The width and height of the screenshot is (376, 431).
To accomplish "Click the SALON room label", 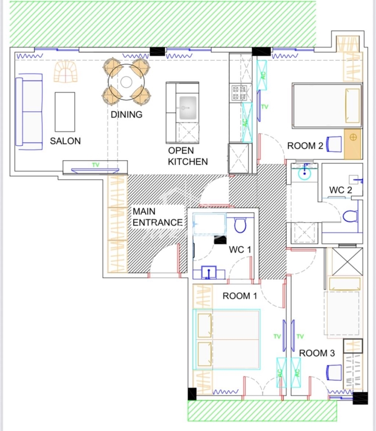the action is coord(65,141).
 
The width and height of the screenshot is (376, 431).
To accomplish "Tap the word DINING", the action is coord(126,114).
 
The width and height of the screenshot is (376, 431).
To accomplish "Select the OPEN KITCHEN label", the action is coord(188,156).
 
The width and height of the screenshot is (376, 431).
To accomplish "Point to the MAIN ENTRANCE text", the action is coord(158,217).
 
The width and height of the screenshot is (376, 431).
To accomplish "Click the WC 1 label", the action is coord(240,250).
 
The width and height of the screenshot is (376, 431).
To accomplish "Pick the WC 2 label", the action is coord(340,190).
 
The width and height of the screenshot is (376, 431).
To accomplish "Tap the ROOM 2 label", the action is coord(305,146).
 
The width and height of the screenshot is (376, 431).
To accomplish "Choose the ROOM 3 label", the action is coord(317,353).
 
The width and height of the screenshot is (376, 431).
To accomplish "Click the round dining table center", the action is coord(126,82).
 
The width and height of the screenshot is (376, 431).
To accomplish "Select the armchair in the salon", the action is coord(66,72).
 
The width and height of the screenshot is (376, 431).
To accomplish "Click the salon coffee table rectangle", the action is coord(65,112).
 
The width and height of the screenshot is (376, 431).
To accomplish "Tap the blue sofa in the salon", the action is coord(29,111).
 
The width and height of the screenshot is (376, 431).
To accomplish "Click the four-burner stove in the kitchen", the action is coord(239,93).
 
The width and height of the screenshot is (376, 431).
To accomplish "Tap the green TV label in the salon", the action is coord(96,165).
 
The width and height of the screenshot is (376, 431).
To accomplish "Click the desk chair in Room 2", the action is coord(334,144).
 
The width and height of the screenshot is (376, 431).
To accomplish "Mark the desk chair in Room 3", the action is coord(334,373).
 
